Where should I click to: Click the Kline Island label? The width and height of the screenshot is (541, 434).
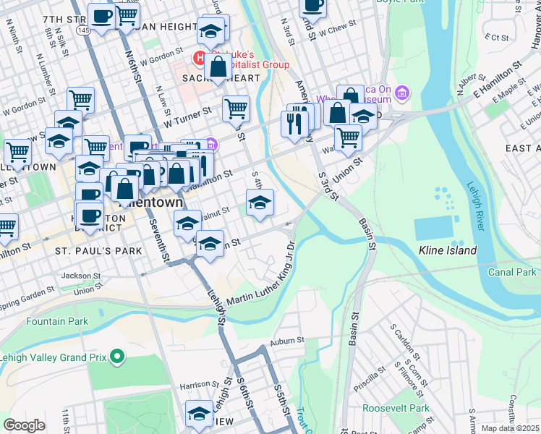[x=448, y=250]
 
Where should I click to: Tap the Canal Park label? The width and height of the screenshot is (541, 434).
[x=511, y=272]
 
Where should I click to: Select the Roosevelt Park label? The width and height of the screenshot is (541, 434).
[x=397, y=408]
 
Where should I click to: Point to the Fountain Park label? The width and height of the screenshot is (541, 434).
[x=57, y=321]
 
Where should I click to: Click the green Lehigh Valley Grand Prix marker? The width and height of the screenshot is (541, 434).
[x=116, y=356]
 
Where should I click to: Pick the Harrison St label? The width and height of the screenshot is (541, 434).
[x=200, y=384]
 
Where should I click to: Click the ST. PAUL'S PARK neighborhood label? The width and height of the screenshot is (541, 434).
[x=89, y=250]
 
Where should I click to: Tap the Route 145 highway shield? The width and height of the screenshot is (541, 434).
[x=85, y=30]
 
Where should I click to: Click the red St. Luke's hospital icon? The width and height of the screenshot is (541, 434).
[x=197, y=57]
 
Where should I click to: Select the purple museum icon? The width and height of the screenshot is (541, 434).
[x=402, y=92]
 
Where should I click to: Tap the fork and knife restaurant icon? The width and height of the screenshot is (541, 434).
[x=294, y=124]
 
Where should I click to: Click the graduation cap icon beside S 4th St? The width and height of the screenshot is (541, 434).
[x=260, y=203]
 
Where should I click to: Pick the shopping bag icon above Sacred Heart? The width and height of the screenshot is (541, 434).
[x=217, y=69]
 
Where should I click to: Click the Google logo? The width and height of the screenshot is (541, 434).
[x=24, y=425]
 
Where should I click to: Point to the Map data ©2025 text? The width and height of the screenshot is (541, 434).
[x=510, y=428]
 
